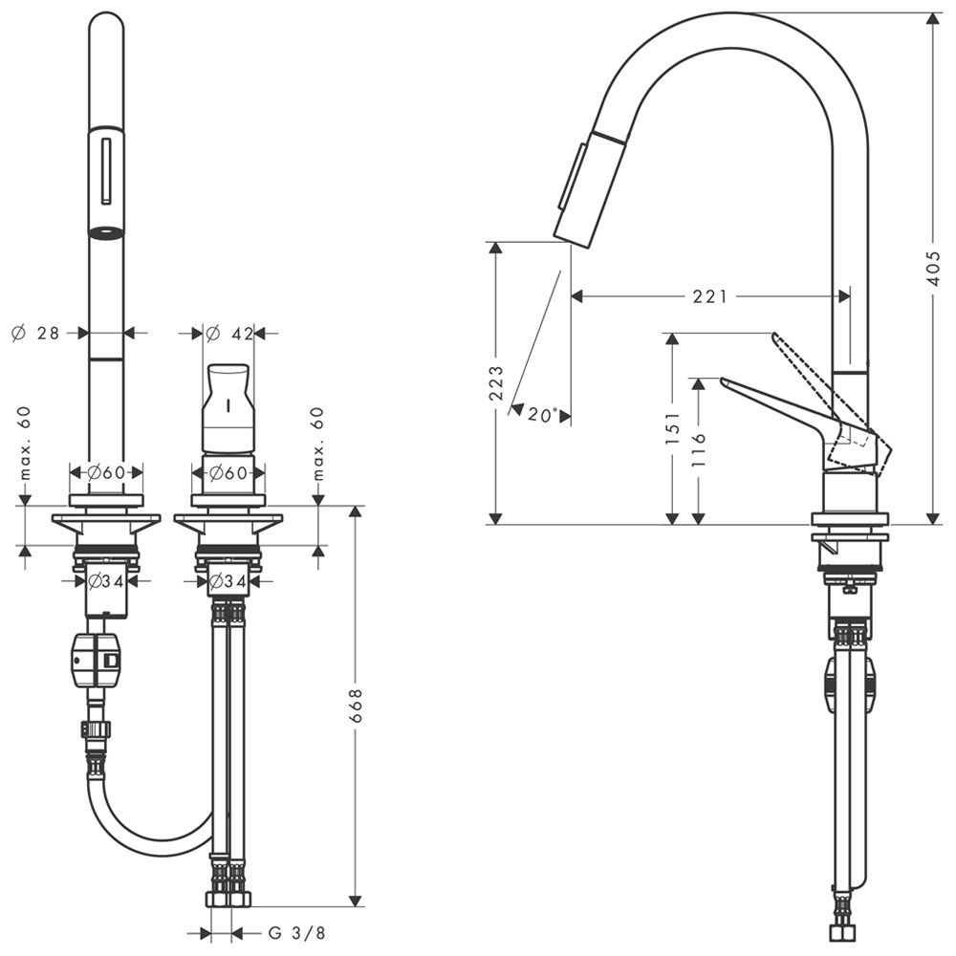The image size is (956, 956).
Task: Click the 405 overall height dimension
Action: [933, 269]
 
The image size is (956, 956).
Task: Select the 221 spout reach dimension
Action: [709, 297]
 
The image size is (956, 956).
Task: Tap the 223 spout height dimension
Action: [496, 382]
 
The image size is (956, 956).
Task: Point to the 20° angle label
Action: [543, 415]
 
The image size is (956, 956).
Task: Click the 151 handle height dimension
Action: [672, 426]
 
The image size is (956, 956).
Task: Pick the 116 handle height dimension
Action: [699, 449]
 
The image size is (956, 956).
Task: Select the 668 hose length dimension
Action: [356, 706]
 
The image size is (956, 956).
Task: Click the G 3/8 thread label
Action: [297, 933]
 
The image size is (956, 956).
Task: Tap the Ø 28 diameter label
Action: [35, 333]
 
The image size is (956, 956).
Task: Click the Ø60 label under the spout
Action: [106, 472]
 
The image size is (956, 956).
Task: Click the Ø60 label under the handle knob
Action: [228, 472]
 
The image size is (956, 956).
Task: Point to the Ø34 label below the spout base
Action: [106, 581]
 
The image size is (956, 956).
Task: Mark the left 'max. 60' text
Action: [25, 444]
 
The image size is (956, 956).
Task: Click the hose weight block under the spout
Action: [98, 661]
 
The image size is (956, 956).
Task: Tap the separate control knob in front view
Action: [228, 408]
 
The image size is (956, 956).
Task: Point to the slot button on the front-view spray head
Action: [106, 171]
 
